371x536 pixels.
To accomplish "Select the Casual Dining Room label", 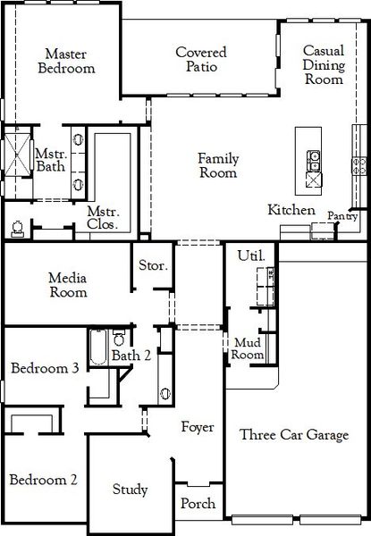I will pos(323,65).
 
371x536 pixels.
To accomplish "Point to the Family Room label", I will pos(218,166).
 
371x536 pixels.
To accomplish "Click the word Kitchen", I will pos(291,210).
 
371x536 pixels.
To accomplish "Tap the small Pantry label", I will pos(342,215).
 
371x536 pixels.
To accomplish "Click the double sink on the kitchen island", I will pos(314,161).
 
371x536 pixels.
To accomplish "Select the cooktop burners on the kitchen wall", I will pos(359,164).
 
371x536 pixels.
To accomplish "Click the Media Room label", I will pos(68,285).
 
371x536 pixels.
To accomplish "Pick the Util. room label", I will pos(249,256).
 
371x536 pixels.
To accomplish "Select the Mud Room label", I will pos(249,348).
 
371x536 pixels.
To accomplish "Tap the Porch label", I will pos(198,504).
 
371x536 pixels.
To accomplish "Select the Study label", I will pos(130,490).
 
